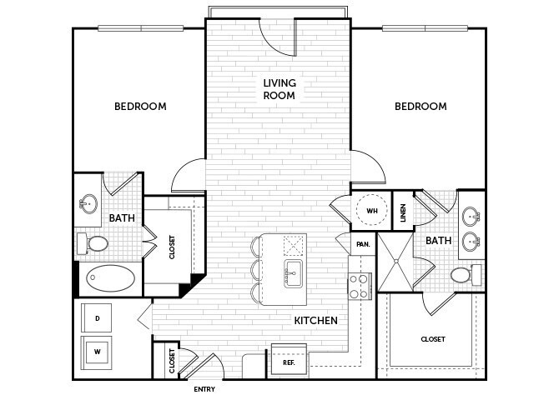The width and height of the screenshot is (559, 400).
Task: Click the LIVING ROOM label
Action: click(x=279, y=89)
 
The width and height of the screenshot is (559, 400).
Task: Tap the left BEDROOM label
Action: click(x=140, y=107)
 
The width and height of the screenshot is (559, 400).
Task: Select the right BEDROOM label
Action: click(x=421, y=107)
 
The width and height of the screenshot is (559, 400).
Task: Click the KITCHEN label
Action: click(x=315, y=320)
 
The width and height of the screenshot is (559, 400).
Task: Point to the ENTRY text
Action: click(x=204, y=389)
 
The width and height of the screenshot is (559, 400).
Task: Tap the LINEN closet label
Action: click(x=402, y=213)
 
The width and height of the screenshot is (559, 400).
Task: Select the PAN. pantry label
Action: click(x=363, y=244)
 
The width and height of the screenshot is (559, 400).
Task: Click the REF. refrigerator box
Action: click(x=288, y=362)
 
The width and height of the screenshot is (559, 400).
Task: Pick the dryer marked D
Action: click(x=98, y=318)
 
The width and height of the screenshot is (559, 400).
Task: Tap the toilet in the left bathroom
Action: click(x=93, y=243)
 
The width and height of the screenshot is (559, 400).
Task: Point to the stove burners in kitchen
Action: click(x=359, y=287)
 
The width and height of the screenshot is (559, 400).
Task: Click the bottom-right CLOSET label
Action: click(x=432, y=340)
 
